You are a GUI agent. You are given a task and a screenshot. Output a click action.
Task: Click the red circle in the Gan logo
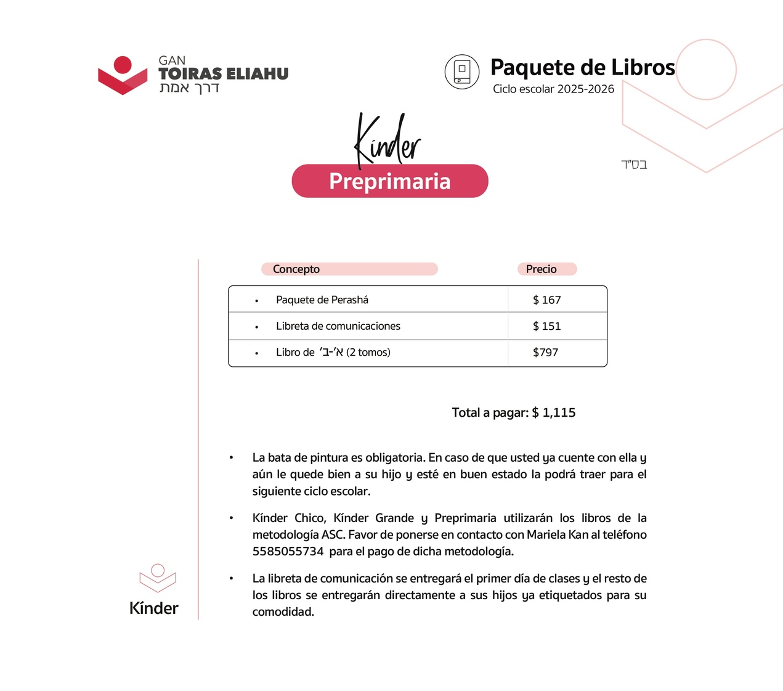pos(123,65)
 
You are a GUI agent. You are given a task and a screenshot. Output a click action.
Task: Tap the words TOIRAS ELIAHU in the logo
pos(223,74)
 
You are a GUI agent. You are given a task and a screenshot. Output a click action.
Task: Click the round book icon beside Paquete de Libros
pos(462,72)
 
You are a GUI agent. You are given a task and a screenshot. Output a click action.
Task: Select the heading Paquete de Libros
pos(582,67)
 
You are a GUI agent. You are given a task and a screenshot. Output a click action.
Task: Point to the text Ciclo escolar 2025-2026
pos(553,89)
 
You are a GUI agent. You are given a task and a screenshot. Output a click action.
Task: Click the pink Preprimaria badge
pos(390,181)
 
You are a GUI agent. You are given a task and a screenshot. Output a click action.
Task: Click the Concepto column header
pos(296,269)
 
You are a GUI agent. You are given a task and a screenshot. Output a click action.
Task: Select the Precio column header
pos(541,269)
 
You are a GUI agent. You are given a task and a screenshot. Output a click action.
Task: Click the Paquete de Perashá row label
pos(322,300)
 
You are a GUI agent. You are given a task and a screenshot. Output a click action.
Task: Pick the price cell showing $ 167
pos(547,300)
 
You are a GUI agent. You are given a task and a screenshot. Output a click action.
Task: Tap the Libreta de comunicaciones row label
pos(338,326)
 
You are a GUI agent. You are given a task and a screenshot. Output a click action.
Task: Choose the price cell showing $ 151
pos(547,326)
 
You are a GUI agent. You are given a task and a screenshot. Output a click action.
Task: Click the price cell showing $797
pos(545,353)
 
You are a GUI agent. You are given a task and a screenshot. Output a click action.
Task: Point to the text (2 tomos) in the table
pos(368,353)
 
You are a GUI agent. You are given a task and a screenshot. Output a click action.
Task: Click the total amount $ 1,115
pos(554,413)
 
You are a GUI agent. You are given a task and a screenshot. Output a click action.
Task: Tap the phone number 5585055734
pos(288,552)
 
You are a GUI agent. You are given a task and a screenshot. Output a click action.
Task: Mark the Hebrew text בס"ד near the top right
pos(634,165)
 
